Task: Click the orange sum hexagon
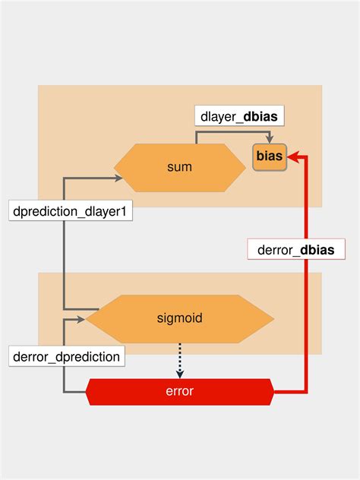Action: pyautogui.click(x=179, y=167)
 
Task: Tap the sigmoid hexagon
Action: pyautogui.click(x=179, y=318)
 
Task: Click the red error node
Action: pyautogui.click(x=179, y=392)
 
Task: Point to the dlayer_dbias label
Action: pyautogui.click(x=238, y=118)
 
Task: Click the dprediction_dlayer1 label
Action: pyautogui.click(x=71, y=212)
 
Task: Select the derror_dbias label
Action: pyautogui.click(x=296, y=248)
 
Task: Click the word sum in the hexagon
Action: pyautogui.click(x=179, y=167)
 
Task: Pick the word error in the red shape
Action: pyautogui.click(x=179, y=392)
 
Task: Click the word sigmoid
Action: pyautogui.click(x=179, y=318)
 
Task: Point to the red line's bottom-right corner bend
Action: pyautogui.click(x=306, y=392)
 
